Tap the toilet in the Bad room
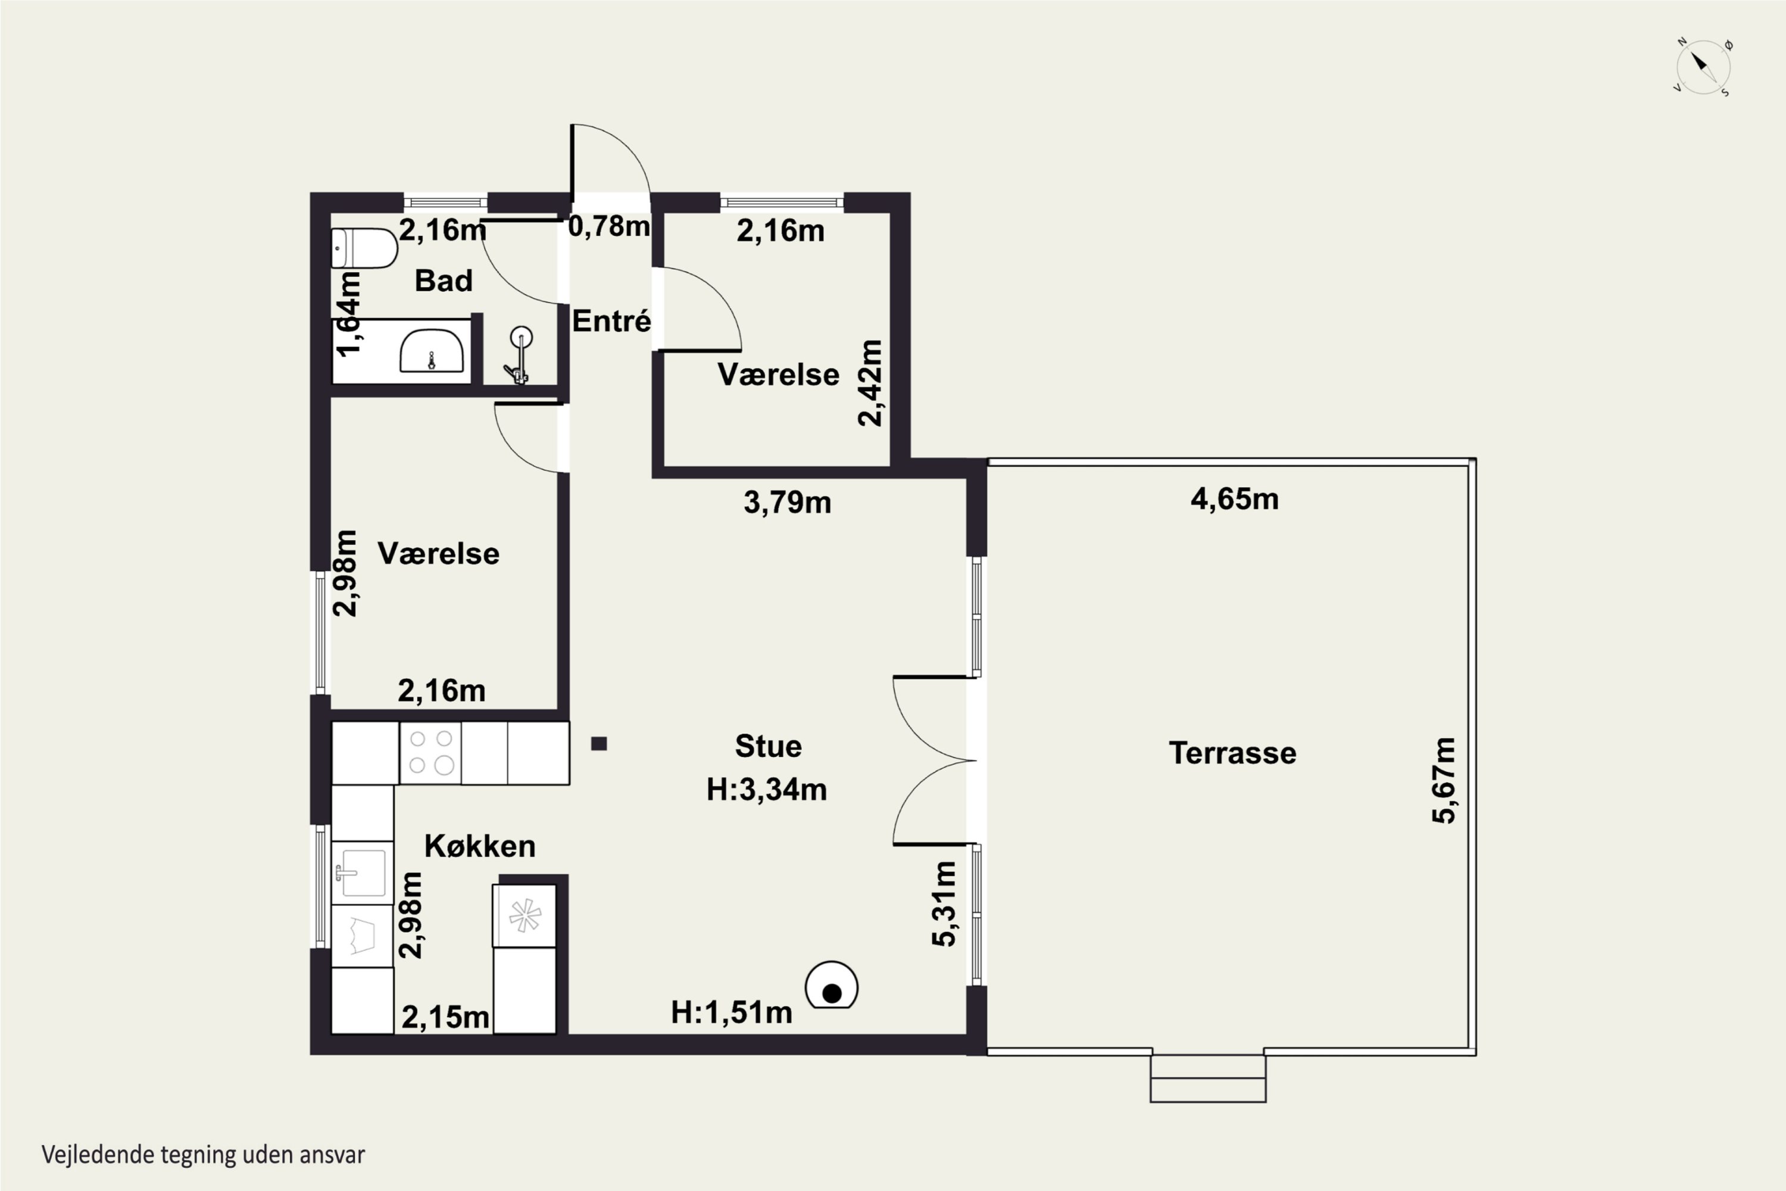coord(364,248)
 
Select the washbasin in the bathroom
coord(431,350)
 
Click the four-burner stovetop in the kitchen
coord(430,753)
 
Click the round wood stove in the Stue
coord(832,985)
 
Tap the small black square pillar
coord(599,744)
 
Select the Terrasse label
coord(1232,753)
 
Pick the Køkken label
coord(480,846)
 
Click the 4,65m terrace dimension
coord(1235,499)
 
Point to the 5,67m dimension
coord(1444,780)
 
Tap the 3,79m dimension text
coord(788,502)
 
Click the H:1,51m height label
coord(732,1012)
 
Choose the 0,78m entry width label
coord(609,226)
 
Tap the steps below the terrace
coord(1208,1078)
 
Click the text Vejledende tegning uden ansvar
coord(204,1155)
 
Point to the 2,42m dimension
coord(870,384)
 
